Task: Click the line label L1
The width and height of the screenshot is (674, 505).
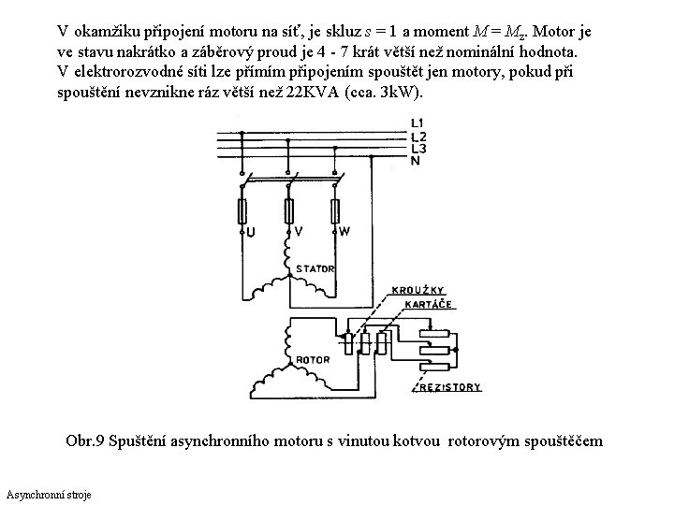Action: coord(418,123)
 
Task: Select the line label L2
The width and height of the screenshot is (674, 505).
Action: coord(418,137)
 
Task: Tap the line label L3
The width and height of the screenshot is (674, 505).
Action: coord(418,149)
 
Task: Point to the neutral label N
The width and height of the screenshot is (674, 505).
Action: coord(415,161)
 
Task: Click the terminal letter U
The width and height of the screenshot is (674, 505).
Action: coord(249,231)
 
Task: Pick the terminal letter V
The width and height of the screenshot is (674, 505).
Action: coord(298,231)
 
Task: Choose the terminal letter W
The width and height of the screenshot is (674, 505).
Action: coord(345,231)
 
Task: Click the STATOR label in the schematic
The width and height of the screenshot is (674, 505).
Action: coord(315,269)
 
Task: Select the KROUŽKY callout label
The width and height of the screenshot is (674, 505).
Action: coord(421,290)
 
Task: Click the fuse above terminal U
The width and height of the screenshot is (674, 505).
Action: coord(243,208)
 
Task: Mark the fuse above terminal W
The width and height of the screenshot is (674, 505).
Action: coord(334,208)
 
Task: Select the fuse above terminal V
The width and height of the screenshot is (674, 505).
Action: coord(287,208)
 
